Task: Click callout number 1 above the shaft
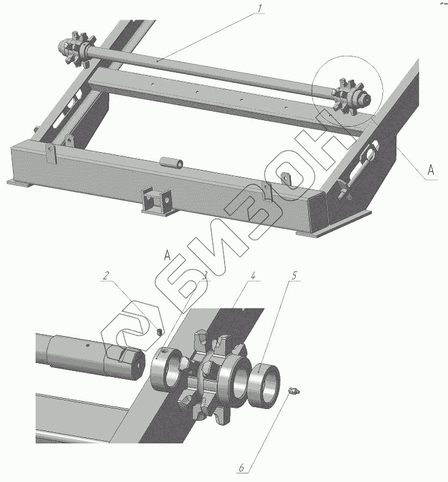tap(260, 9)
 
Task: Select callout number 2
tap(106, 275)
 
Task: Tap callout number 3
tap(204, 276)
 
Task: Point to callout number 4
tap(253, 276)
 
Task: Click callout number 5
tap(295, 276)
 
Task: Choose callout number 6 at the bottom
tap(242, 468)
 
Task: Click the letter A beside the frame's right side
tap(431, 169)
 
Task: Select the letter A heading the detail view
tap(167, 255)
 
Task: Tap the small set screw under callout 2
tap(160, 331)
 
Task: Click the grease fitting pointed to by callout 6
tap(294, 391)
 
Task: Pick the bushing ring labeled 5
tap(264, 386)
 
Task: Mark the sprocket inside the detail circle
tap(351, 97)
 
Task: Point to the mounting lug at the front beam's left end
tap(51, 153)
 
